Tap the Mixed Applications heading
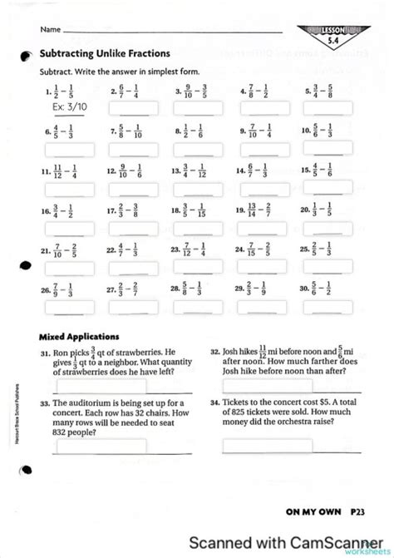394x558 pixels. [x=80, y=337]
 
